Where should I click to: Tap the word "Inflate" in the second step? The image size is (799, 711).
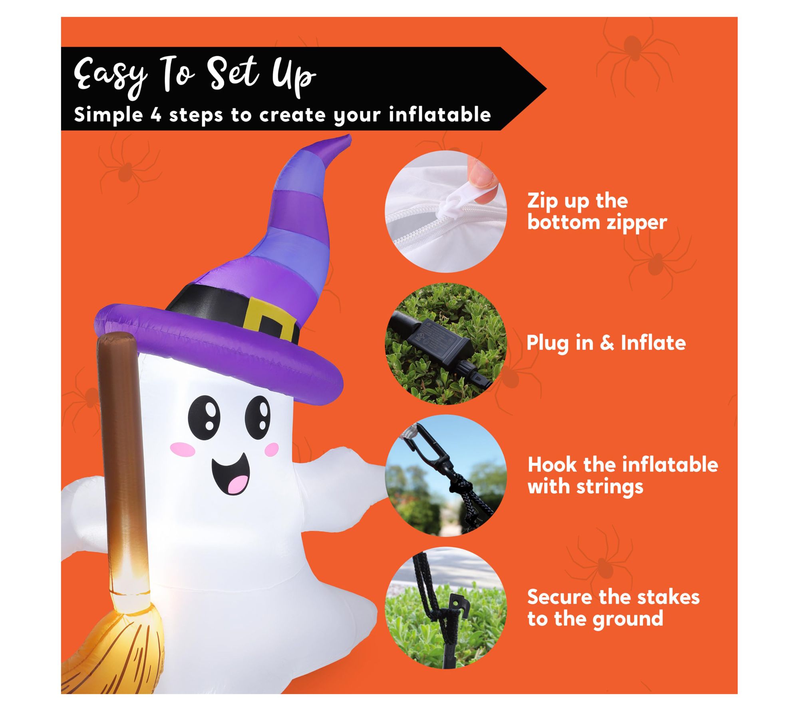(x=653, y=343)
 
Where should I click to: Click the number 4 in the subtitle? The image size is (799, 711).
(x=155, y=115)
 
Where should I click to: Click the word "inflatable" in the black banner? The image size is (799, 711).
(x=439, y=114)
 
